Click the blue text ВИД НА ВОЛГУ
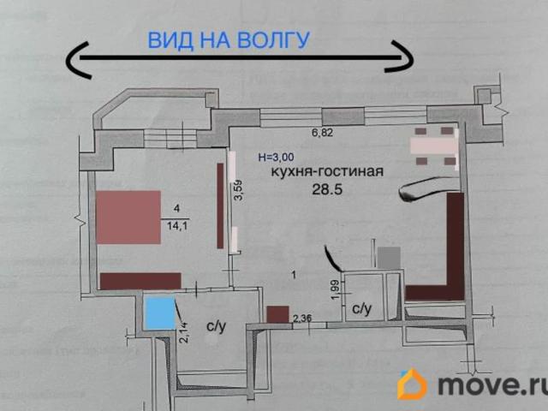point(229,39)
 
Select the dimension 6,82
point(323,133)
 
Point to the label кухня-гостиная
point(326,171)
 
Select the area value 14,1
point(177,227)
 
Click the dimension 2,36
point(302,320)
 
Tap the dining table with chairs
point(435,145)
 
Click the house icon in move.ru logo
point(413,384)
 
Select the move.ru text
point(487,386)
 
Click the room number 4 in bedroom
point(176,208)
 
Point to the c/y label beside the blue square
point(216,325)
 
